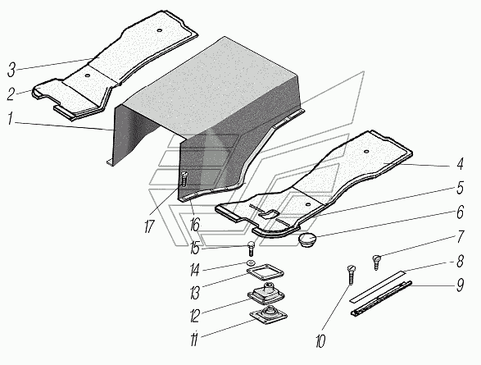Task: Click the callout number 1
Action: point(10,119)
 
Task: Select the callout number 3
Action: point(11,71)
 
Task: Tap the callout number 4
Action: point(459,164)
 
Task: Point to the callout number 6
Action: point(460,212)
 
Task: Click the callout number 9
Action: point(460,285)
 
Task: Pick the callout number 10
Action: point(320,341)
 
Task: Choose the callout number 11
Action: point(194,340)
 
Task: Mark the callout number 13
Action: point(195,292)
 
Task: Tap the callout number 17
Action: point(149,226)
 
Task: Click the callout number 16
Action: point(194,225)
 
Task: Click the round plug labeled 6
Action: point(307,240)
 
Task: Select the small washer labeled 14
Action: point(251,263)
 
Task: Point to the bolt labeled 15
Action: point(251,249)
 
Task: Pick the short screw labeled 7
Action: point(377,262)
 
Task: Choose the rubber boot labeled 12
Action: point(265,293)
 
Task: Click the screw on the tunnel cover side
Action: point(184,180)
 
